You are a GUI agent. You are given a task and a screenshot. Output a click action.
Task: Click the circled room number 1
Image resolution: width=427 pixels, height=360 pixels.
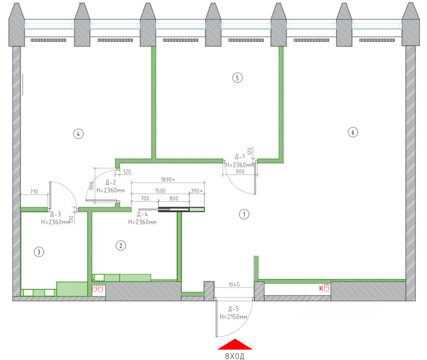click(244, 215)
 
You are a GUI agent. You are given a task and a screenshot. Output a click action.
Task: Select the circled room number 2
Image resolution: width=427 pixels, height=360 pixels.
click(121, 246)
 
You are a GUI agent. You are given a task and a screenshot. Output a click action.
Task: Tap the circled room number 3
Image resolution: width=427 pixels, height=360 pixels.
click(39, 252)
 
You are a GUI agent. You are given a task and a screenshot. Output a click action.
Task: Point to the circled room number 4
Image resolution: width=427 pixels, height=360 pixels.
click(78, 134)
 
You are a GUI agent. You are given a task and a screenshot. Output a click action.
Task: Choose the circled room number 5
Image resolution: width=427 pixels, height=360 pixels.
click(237, 78)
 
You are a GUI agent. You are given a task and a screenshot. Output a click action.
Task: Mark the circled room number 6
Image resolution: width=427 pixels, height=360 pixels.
click(353, 132)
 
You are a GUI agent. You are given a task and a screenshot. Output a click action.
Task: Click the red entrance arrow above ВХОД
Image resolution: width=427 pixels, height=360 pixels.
click(235, 344)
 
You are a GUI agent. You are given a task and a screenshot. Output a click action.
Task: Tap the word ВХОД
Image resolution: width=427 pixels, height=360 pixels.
click(235, 356)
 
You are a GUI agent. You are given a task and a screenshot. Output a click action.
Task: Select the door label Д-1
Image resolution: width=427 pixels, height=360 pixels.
click(240, 156)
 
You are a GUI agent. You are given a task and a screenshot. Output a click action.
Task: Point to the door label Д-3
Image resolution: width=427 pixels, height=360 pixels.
click(55, 215)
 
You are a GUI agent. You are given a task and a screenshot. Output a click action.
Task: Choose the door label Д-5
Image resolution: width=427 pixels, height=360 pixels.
click(233, 309)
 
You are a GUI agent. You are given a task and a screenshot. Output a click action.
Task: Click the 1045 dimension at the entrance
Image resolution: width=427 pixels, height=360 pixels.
click(235, 284)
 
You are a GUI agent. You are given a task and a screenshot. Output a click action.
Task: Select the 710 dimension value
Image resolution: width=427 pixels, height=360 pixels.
click(34, 192)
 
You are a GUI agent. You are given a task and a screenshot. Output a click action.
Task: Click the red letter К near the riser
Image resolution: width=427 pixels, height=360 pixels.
click(321, 289)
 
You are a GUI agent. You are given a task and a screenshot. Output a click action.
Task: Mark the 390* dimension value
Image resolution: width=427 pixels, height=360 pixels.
click(196, 191)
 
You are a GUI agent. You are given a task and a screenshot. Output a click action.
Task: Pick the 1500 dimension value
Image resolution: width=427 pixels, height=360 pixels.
click(159, 191)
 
